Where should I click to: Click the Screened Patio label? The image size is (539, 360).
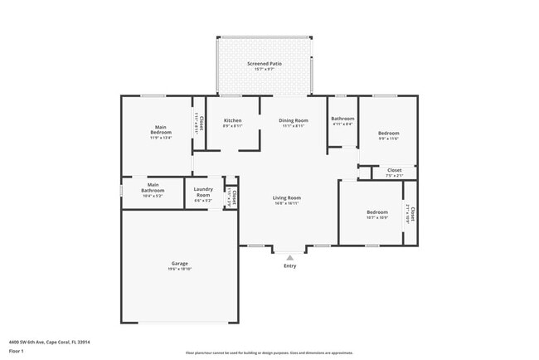pyautogui.click(x=265, y=64)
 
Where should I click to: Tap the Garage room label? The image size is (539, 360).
pyautogui.click(x=179, y=264)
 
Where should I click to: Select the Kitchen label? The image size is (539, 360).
pyautogui.click(x=233, y=121)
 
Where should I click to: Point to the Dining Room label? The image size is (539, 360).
pyautogui.click(x=293, y=121)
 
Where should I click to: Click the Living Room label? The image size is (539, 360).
pyautogui.click(x=287, y=198)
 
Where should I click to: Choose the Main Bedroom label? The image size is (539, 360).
pyautogui.click(x=161, y=131)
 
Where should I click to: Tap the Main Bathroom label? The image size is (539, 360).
pyautogui.click(x=153, y=189)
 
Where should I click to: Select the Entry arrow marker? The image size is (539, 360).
pyautogui.click(x=289, y=258)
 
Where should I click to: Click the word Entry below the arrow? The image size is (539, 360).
pyautogui.click(x=289, y=266)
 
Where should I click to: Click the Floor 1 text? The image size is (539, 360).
pyautogui.click(x=17, y=349)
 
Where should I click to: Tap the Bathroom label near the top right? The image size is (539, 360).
pyautogui.click(x=342, y=119)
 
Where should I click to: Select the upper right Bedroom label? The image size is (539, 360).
pyautogui.click(x=389, y=134)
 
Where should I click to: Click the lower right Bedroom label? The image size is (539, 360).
pyautogui.click(x=377, y=212)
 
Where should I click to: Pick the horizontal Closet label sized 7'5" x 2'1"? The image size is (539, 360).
pyautogui.click(x=394, y=171)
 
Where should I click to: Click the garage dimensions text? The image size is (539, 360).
pyautogui.click(x=179, y=269)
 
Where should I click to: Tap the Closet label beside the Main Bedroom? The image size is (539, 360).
pyautogui.click(x=200, y=124)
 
